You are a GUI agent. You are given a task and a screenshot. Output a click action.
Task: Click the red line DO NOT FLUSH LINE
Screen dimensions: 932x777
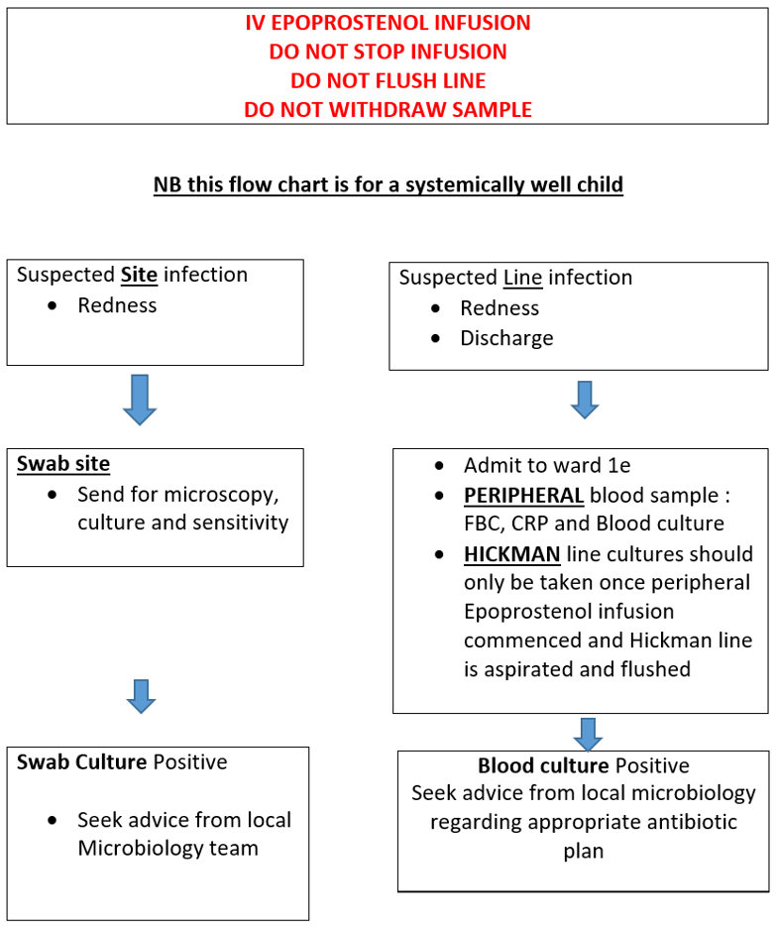click(x=388, y=80)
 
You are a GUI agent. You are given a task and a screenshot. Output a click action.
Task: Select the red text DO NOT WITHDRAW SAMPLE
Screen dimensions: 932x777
click(x=388, y=109)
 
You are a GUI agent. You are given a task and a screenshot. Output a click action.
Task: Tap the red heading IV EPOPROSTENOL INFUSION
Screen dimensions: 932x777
click(x=388, y=22)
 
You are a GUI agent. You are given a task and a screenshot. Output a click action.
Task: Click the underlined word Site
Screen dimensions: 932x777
click(x=139, y=275)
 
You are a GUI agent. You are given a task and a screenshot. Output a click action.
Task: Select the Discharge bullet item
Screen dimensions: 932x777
click(x=506, y=338)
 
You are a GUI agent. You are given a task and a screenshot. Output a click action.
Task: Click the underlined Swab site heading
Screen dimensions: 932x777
click(x=63, y=464)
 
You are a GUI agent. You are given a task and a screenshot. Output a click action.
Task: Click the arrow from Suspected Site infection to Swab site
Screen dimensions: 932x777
click(x=140, y=400)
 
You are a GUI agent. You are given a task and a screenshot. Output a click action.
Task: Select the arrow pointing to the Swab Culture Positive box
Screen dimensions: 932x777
click(x=142, y=696)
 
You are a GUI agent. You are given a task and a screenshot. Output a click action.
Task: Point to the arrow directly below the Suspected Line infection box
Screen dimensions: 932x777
click(x=585, y=399)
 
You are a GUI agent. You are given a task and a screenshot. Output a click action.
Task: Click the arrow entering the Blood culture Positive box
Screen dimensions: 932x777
click(x=588, y=734)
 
